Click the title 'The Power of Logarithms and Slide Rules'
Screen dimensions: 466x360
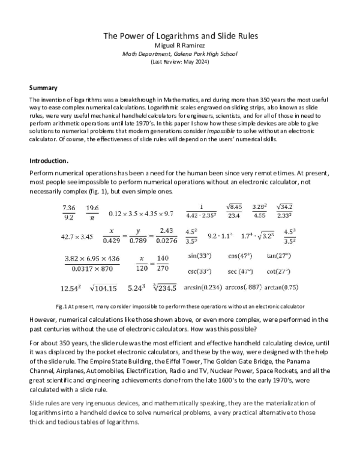[x=181, y=35]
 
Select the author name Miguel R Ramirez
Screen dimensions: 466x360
[x=181, y=45]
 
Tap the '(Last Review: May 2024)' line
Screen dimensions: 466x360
[x=181, y=62]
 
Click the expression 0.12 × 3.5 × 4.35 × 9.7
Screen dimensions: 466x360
[x=141, y=213]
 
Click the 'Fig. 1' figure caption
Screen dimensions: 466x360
[x=180, y=306]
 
